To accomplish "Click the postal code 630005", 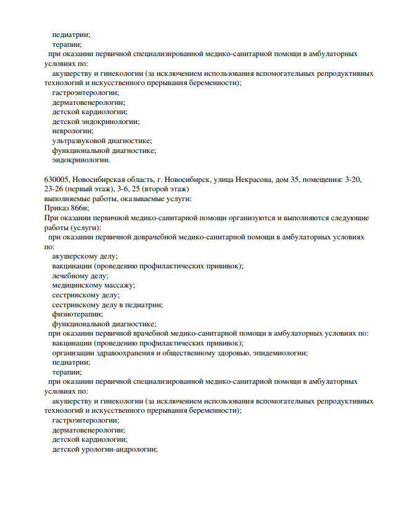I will tap(56, 180).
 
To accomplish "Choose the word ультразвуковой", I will tap(78, 141).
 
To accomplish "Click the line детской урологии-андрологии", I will tap(105, 449).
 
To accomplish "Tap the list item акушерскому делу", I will tap(85, 255).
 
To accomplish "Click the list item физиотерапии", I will tap(77, 313).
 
